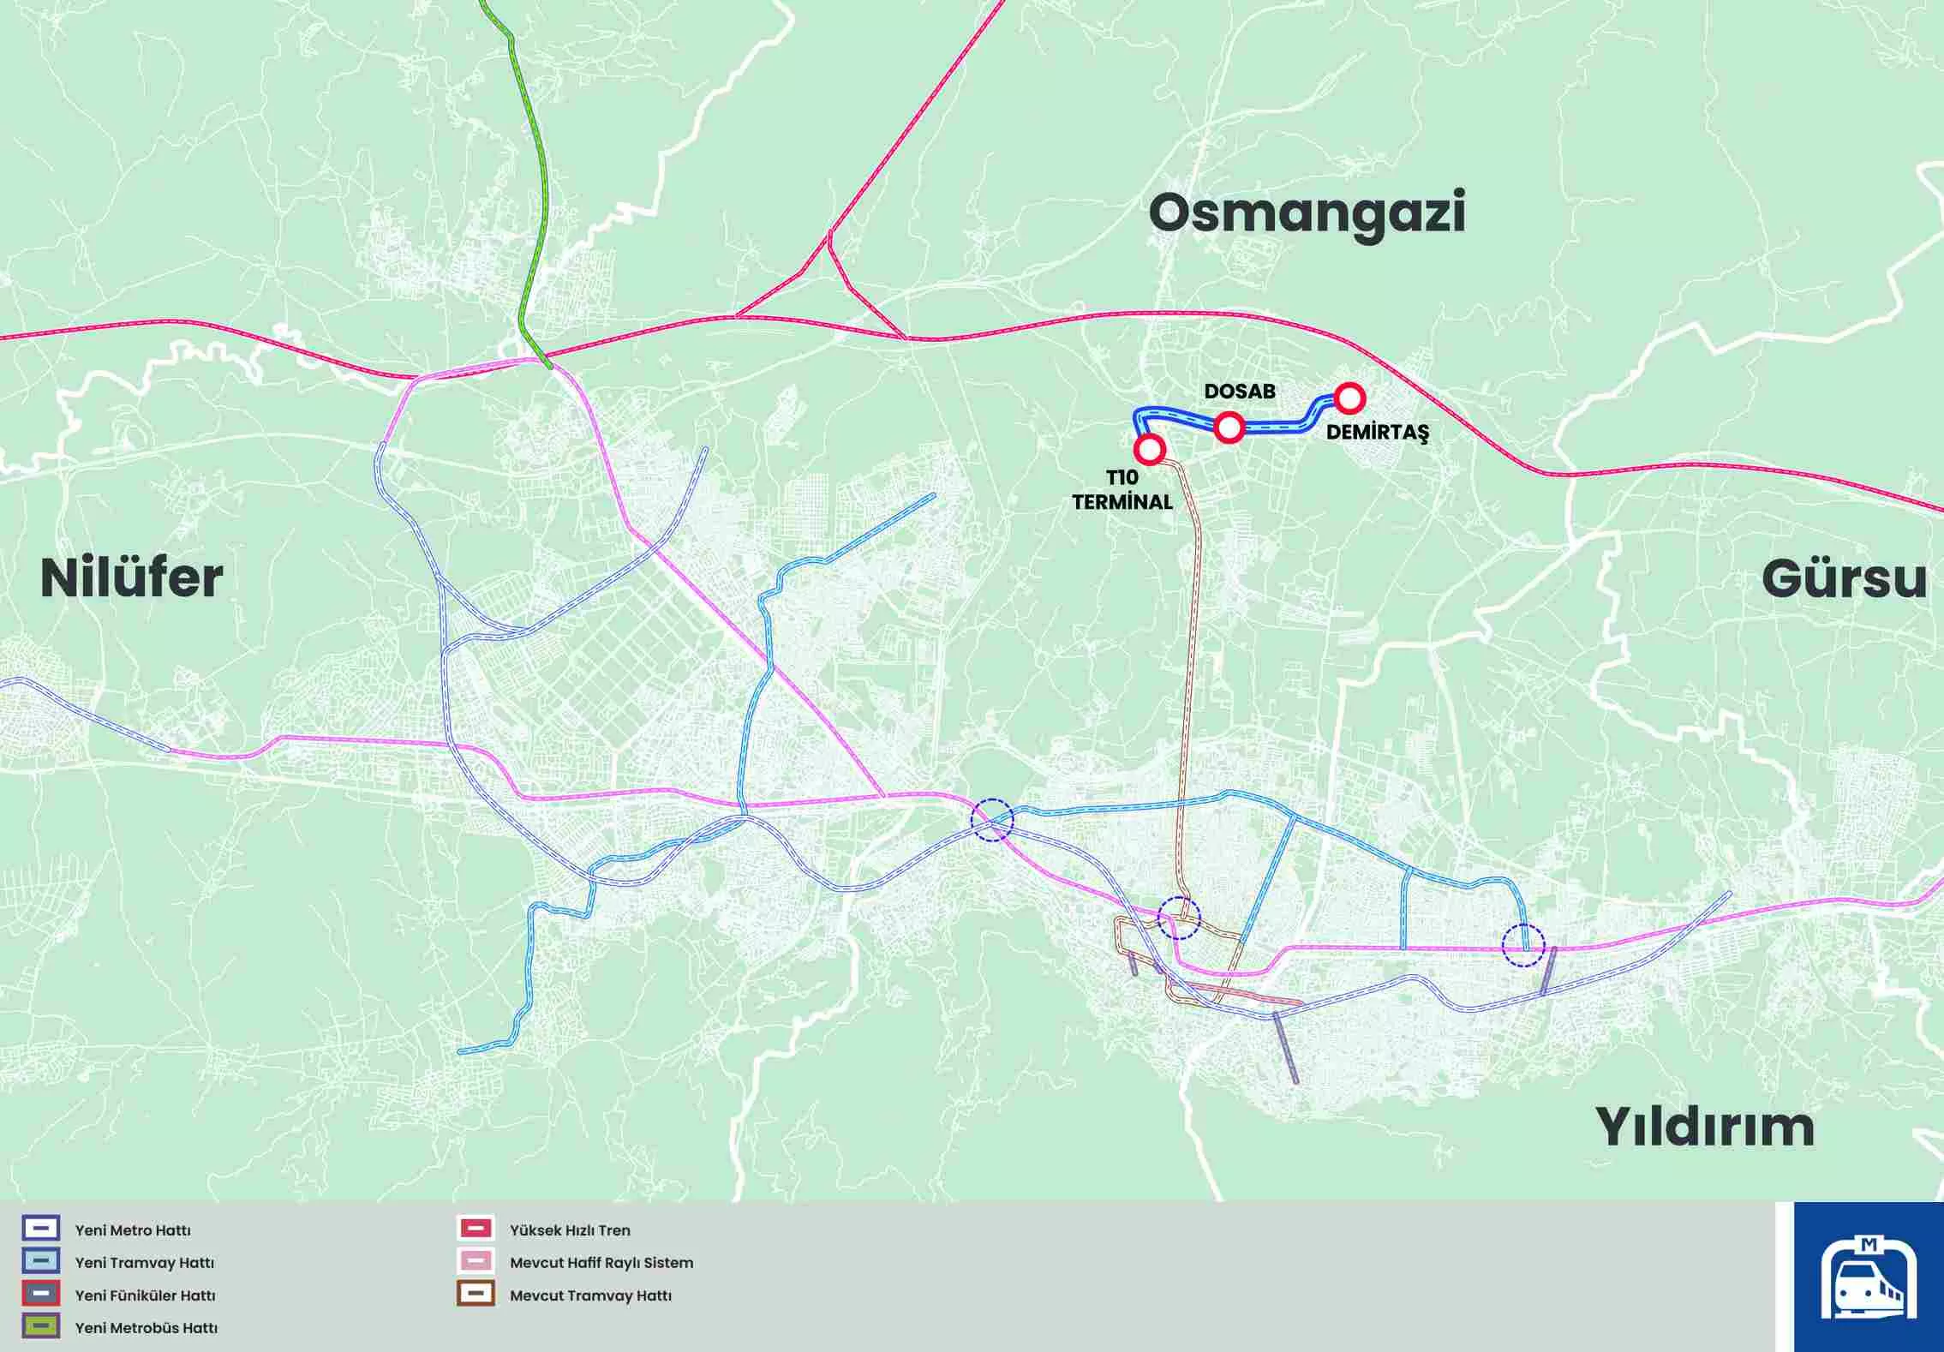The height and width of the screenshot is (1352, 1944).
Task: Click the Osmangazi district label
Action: click(x=1307, y=214)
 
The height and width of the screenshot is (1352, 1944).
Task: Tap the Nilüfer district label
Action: click(x=132, y=578)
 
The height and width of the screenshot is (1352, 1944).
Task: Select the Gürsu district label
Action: click(x=1844, y=580)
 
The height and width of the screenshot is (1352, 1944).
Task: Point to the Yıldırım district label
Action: click(x=1704, y=1127)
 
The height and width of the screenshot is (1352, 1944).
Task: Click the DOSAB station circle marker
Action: click(x=1229, y=427)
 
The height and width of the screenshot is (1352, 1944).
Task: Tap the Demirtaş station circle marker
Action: click(x=1349, y=398)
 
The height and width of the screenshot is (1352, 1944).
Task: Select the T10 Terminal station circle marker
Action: click(x=1149, y=448)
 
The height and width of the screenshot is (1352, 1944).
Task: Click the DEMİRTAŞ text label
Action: click(x=1377, y=433)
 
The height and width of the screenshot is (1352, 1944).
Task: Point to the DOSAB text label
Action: click(x=1239, y=392)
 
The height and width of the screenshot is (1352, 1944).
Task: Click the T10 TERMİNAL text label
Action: click(x=1122, y=490)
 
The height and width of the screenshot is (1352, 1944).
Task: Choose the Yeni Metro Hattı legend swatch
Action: click(x=41, y=1229)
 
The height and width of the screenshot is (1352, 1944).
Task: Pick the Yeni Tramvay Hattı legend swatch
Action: click(x=41, y=1261)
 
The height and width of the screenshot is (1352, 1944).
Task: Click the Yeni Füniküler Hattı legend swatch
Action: click(x=41, y=1294)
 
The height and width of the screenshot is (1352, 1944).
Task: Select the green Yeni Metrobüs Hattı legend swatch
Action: click(x=41, y=1326)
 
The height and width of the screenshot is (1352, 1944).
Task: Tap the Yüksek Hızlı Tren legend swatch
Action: click(x=476, y=1229)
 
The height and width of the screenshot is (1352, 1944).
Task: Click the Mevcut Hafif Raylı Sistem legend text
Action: click(x=601, y=1263)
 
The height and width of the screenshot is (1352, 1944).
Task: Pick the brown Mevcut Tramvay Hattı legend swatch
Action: click(x=476, y=1294)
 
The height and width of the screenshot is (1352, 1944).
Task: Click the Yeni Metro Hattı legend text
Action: click(x=133, y=1230)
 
